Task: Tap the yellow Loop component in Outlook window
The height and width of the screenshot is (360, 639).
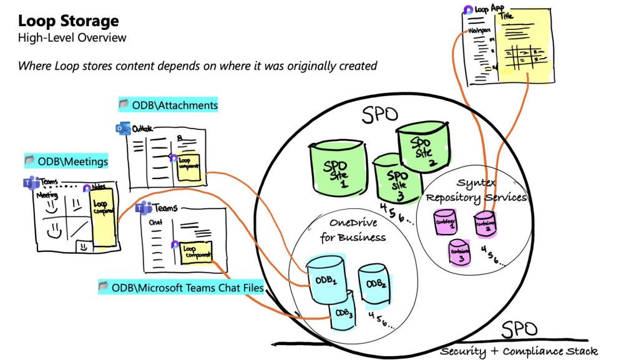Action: click(x=188, y=167)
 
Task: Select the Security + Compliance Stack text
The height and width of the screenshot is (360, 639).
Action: click(x=518, y=351)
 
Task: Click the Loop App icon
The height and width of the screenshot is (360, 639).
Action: click(x=469, y=10)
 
